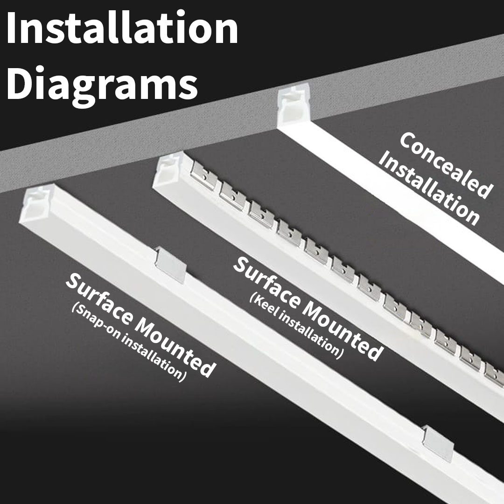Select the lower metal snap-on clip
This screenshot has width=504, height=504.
tap(438, 441)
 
